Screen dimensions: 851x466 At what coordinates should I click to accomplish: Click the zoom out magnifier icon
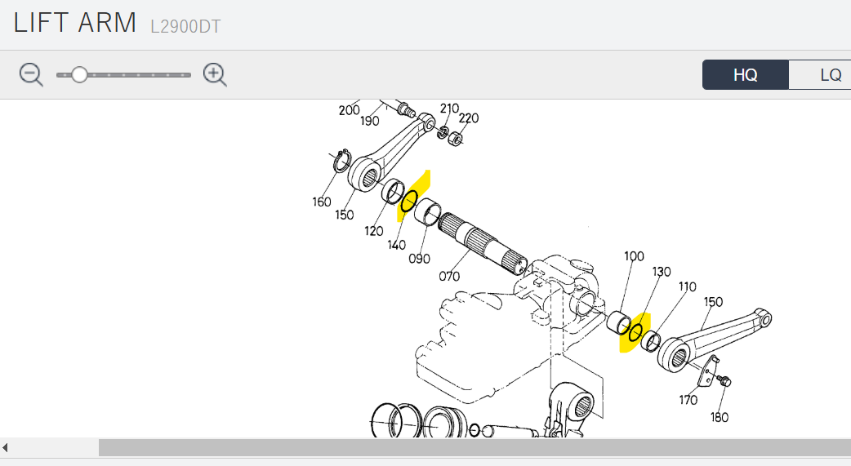(30, 74)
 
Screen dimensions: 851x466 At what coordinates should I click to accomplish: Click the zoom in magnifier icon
(215, 74)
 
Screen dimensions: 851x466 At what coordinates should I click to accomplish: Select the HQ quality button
(745, 74)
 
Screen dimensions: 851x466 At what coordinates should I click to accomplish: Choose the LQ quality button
(825, 74)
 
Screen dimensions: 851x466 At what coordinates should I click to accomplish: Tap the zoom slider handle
(80, 75)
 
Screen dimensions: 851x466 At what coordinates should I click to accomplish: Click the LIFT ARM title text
(75, 24)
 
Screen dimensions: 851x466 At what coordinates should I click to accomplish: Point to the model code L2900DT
(185, 27)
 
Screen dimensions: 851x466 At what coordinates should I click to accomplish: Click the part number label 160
(321, 202)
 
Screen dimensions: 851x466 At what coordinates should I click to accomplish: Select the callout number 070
(449, 276)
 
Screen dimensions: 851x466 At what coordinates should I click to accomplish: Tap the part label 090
(419, 259)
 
